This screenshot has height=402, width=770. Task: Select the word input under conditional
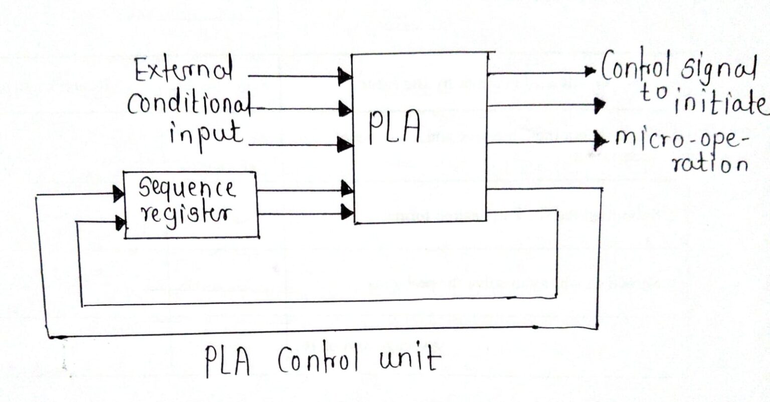[x=206, y=134]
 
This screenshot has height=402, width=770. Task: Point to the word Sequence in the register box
[x=186, y=188]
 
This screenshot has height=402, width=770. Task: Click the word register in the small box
[x=186, y=215]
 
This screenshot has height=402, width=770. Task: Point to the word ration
[x=709, y=164]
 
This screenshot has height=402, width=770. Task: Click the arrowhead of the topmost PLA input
[x=345, y=77]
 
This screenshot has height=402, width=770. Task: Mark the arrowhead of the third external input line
[x=345, y=144]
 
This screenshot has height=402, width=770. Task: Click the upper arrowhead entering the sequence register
[x=119, y=193]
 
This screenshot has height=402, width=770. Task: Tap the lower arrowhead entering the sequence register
[x=120, y=222]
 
